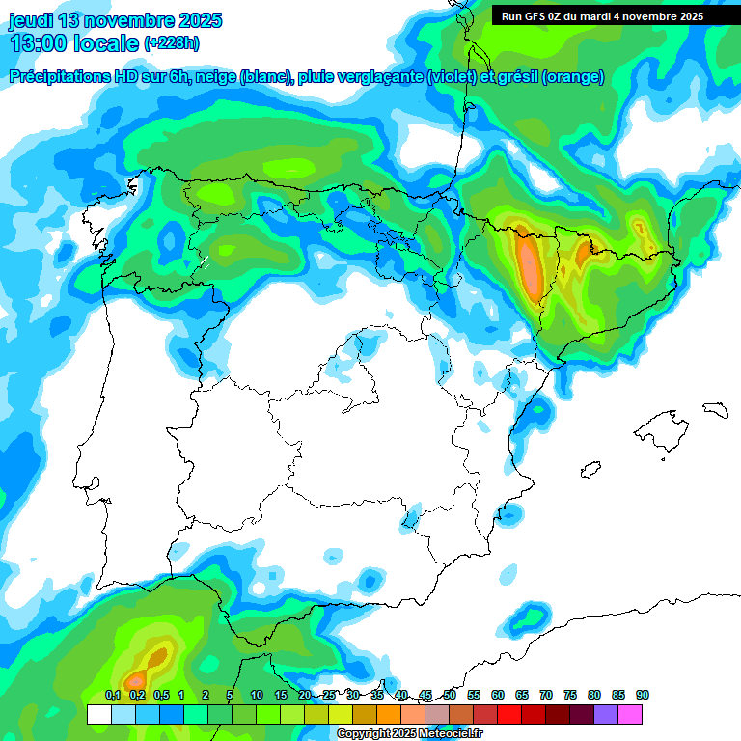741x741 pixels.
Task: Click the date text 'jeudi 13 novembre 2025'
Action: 116,20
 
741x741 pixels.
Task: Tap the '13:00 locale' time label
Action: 73,43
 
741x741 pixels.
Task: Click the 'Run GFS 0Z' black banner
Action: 602,16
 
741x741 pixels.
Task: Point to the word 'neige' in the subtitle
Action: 218,77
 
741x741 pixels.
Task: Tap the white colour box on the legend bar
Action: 98,714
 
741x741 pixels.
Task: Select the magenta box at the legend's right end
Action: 631,714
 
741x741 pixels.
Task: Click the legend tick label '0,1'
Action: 113,695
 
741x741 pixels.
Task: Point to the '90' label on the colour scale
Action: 643,695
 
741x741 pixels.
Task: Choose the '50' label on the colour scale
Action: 450,695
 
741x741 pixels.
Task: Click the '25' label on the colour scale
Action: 329,695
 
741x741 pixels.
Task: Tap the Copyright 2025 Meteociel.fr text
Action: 409,734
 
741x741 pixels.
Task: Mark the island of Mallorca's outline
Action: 661,425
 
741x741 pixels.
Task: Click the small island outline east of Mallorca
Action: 714,409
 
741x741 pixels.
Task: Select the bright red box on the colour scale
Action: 510,714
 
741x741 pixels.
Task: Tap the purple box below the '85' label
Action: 607,714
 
